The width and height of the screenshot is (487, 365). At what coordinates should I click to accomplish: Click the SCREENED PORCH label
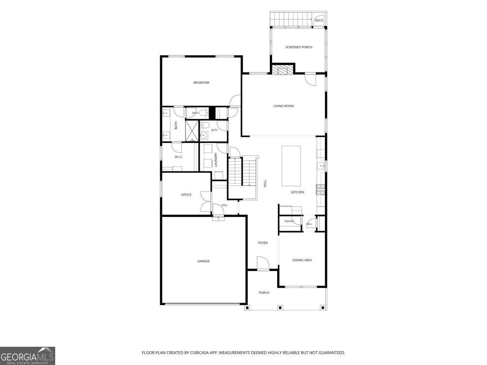pos(299,47)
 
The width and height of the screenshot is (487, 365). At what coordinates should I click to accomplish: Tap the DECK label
pos(319,20)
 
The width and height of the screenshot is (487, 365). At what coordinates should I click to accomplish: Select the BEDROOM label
pos(201,83)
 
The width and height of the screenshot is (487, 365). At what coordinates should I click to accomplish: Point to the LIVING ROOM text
pos(283,106)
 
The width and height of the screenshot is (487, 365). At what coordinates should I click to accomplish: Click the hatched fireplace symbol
pos(282,69)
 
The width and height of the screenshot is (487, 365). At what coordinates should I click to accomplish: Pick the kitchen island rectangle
pos(291,166)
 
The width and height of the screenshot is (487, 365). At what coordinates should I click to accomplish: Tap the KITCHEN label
pos(297,192)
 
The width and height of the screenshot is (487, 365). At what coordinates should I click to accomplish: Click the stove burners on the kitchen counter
pos(320,189)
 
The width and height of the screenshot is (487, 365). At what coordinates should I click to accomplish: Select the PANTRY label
pos(289,221)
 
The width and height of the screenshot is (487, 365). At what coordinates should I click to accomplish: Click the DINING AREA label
pos(302,260)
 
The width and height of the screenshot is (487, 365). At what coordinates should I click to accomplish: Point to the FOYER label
pos(263,243)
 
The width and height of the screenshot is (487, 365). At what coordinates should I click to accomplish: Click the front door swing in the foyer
pos(263,263)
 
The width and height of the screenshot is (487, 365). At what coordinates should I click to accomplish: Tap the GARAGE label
pos(203,261)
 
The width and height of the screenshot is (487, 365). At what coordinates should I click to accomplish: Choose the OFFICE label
pos(186,195)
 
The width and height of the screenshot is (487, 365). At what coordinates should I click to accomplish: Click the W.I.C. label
pos(179,157)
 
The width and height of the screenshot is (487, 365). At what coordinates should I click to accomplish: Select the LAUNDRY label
pos(215,159)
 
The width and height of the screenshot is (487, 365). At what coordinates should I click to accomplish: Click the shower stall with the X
pos(192,131)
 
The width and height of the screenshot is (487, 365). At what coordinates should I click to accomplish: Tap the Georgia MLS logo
pos(28,356)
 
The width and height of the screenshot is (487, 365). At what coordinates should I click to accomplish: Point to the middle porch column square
pos(280,307)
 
